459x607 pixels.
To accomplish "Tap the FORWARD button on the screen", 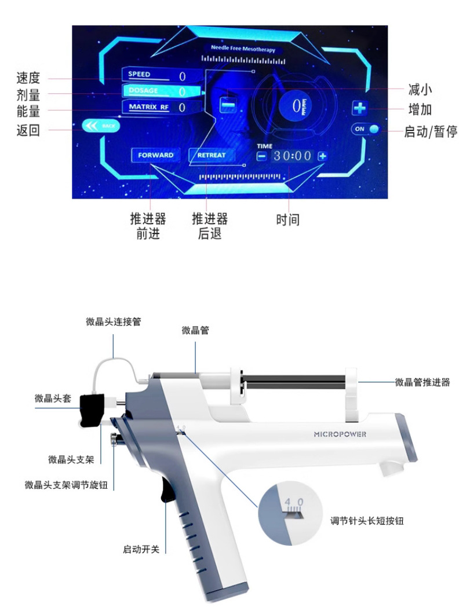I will click(155, 155).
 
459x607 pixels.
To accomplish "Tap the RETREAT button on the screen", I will click(212, 155).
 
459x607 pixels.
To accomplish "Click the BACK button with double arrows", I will click(102, 126).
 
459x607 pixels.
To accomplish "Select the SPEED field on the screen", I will click(155, 75).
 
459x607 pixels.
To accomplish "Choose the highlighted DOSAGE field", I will click(155, 91).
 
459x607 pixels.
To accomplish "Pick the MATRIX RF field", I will click(155, 107).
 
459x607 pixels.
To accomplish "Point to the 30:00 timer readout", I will click(292, 156).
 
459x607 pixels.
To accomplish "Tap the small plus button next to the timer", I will click(322, 156).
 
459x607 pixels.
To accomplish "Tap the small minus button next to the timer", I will click(262, 156).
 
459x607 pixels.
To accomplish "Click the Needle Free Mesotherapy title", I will click(243, 50).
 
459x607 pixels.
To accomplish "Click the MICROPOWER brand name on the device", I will click(340, 434).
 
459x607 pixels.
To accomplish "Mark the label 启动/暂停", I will click(430, 132).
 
